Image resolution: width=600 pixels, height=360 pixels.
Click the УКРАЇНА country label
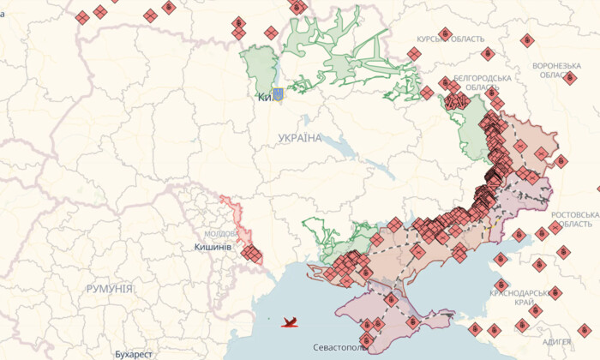[x=300, y=138]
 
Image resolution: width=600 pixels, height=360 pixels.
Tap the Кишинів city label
[x=213, y=247]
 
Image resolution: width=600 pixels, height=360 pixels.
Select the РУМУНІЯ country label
[x=109, y=290]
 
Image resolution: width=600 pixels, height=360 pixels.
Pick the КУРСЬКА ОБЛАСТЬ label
[x=450, y=39]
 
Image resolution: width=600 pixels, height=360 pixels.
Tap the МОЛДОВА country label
[x=221, y=234]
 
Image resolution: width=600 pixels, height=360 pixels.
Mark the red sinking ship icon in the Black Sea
[x=291, y=322]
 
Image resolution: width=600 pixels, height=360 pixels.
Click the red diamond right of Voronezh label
[x=570, y=78]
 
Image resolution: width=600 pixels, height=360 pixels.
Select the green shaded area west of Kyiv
[x=257, y=69]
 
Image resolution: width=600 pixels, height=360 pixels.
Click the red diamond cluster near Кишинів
[x=251, y=253]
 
